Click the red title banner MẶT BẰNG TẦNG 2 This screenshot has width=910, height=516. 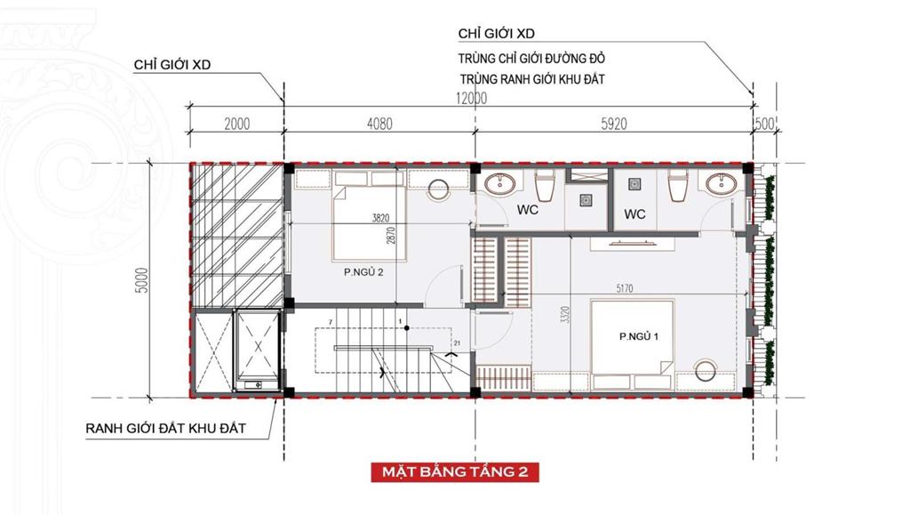point(455,472)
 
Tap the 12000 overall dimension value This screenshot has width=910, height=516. point(471,98)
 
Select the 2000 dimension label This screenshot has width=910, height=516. point(236,124)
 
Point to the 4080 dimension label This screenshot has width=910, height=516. point(379,124)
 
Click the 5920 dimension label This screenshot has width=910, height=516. point(614,124)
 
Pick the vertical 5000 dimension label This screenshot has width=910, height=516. point(142,280)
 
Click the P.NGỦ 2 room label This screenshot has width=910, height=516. point(363,271)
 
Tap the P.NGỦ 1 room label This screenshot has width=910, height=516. point(639,336)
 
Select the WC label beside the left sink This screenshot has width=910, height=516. point(528,210)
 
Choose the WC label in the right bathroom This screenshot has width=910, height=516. point(635,214)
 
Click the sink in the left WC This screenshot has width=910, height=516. point(500,183)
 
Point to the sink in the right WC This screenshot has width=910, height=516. point(722,183)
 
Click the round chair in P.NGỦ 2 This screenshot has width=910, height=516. point(439,189)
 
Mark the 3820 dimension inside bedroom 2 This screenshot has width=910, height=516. point(380,219)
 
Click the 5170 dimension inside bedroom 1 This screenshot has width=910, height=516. point(625,287)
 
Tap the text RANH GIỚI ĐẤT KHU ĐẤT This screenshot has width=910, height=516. point(166,429)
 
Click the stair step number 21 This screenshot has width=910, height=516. point(458,343)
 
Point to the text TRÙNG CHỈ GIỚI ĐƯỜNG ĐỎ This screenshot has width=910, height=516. point(531,59)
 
